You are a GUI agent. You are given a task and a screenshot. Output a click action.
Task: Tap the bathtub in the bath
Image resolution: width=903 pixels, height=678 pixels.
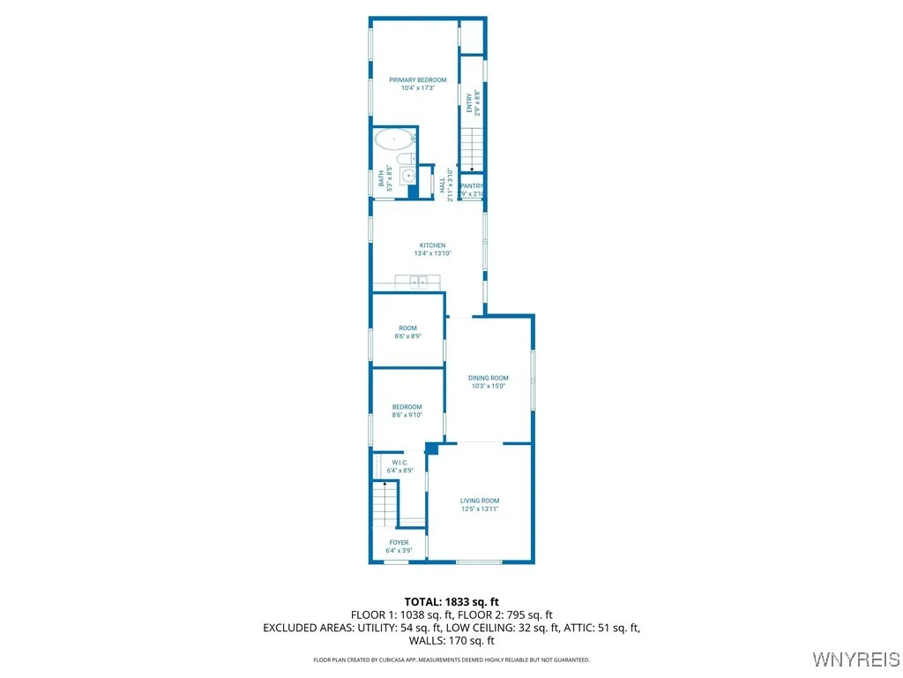[393, 139]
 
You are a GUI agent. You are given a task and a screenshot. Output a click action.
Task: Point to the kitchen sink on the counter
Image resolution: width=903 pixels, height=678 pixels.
[417, 282]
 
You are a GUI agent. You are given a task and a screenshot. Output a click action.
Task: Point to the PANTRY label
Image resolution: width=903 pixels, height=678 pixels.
[472, 186]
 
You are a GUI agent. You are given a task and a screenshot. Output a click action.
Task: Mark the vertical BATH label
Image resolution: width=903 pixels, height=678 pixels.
[382, 179]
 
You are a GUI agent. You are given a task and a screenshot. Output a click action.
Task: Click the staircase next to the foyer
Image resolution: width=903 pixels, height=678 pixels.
[384, 507]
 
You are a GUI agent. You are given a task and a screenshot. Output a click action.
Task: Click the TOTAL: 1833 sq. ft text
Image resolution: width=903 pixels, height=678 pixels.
[451, 601]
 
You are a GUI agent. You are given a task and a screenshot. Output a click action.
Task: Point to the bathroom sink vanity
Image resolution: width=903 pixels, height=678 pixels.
[409, 176]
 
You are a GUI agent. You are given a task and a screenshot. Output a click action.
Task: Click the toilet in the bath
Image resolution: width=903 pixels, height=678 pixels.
[405, 159]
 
